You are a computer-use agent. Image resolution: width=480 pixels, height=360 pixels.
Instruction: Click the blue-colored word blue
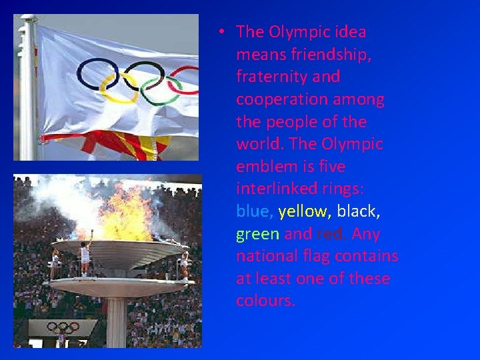point(253,211)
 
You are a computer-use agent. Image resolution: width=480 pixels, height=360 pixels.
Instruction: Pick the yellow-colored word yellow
point(303,211)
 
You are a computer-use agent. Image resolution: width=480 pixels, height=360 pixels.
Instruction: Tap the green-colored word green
point(257,234)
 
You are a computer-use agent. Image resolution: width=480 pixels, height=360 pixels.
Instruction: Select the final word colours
point(265,301)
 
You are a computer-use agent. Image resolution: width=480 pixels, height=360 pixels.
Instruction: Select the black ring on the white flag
point(144,73)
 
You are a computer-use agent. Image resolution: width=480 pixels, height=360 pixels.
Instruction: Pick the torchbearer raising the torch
point(85,257)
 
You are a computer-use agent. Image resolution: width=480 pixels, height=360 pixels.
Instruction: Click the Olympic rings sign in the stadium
point(63,327)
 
